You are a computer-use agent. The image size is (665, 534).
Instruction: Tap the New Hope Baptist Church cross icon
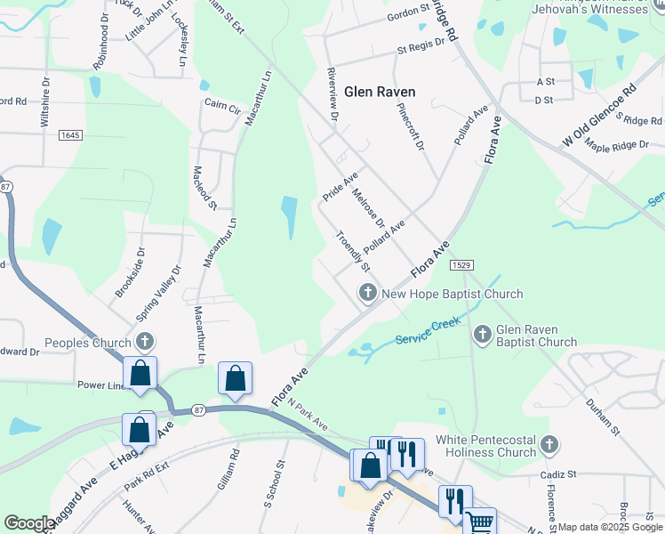click(366, 292)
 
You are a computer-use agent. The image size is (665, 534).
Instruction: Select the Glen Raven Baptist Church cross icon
click(482, 335)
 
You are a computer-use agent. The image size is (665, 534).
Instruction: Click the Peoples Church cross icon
click(145, 341)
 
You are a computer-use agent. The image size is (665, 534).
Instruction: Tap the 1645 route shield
click(71, 134)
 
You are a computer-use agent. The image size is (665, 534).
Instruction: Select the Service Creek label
click(425, 332)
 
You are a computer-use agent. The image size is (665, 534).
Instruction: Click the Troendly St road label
click(353, 251)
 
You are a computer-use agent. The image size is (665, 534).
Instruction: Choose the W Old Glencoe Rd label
click(600, 117)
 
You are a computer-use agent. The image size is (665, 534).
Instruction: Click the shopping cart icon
click(480, 522)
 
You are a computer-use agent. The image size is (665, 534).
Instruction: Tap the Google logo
click(29, 523)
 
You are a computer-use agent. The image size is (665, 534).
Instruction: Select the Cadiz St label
click(560, 474)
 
